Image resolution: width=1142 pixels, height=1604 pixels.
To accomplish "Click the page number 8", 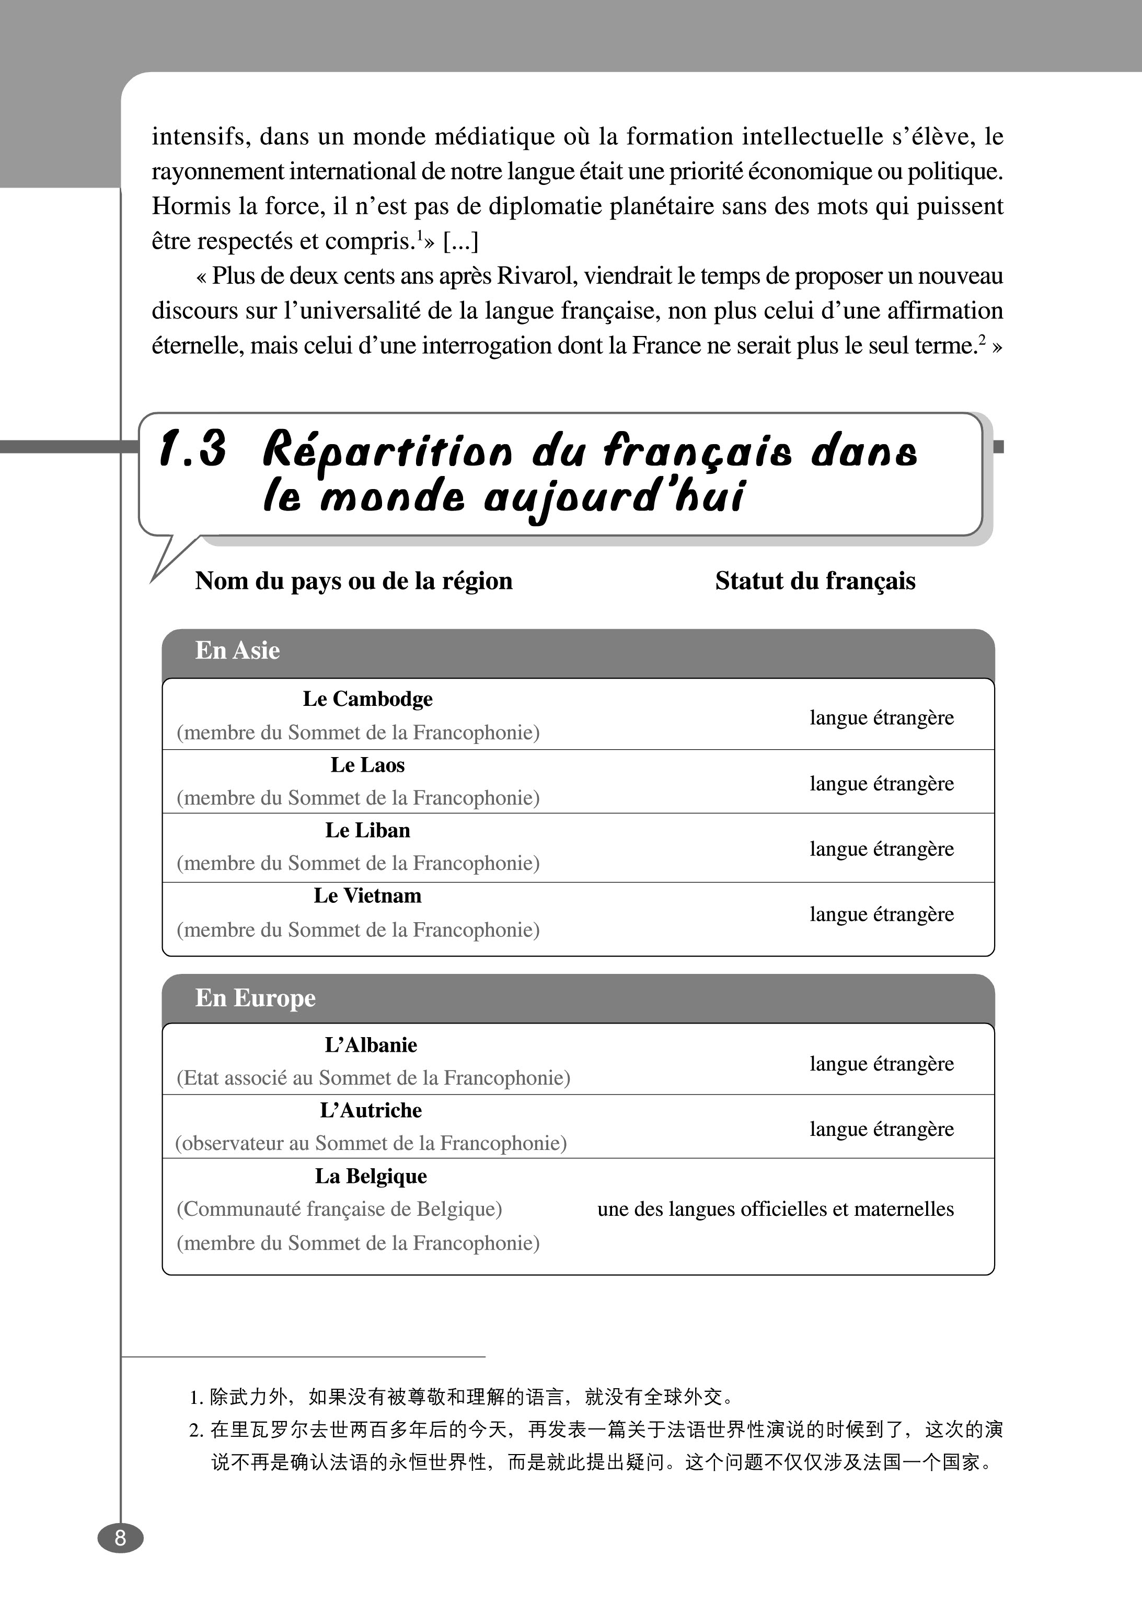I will pyautogui.click(x=120, y=1538).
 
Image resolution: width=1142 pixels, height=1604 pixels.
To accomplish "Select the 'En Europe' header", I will pyautogui.click(x=255, y=998).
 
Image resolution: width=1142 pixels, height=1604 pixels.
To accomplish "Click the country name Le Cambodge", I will pyautogui.click(x=368, y=699).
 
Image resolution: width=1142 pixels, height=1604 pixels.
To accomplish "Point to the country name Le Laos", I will pyautogui.click(x=368, y=765).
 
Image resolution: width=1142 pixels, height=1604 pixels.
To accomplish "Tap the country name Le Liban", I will pyautogui.click(x=368, y=830).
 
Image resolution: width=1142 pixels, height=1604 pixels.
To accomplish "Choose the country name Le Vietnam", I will pyautogui.click(x=368, y=896).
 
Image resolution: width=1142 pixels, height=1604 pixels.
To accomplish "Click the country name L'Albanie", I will pyautogui.click(x=371, y=1045).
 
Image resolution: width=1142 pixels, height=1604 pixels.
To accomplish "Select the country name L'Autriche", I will pyautogui.click(x=371, y=1111).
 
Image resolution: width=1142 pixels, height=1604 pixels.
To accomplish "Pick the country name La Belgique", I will pyautogui.click(x=371, y=1176).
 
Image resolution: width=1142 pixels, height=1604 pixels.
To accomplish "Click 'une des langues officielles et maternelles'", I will pyautogui.click(x=776, y=1209).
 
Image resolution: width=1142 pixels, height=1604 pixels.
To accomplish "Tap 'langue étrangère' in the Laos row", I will pyautogui.click(x=882, y=784).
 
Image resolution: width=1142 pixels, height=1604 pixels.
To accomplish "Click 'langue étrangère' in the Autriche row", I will pyautogui.click(x=882, y=1129).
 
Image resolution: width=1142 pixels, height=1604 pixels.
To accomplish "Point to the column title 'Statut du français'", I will pyautogui.click(x=815, y=582).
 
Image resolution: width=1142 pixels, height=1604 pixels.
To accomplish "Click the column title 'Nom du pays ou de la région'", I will pyautogui.click(x=354, y=582).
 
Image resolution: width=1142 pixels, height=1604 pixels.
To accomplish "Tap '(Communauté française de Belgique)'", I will pyautogui.click(x=340, y=1209).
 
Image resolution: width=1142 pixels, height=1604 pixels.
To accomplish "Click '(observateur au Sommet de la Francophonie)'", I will pyautogui.click(x=371, y=1143).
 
